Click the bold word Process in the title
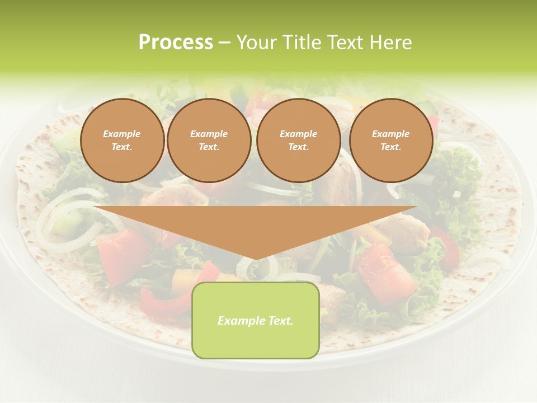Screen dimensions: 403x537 pos(176,43)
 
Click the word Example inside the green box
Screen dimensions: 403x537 pos(241,321)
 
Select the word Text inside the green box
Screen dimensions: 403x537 pos(280,321)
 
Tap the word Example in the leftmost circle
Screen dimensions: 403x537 pos(122,134)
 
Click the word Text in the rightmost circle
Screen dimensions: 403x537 pos(390,147)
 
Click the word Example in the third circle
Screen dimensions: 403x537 pos(298,134)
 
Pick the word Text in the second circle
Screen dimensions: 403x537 pos(209,147)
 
